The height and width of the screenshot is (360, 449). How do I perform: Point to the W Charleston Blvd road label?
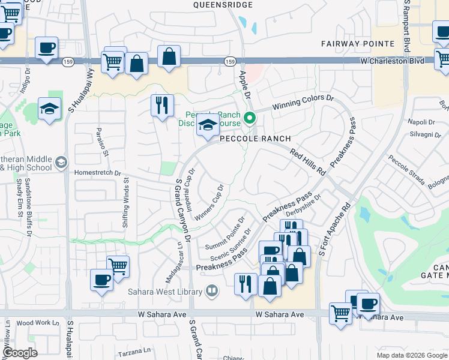click(x=392, y=61)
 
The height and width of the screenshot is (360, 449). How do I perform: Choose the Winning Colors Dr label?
click(x=303, y=103)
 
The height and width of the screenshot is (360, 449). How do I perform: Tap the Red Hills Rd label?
click(x=307, y=162)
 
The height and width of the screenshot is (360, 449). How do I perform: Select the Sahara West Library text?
click(x=164, y=292)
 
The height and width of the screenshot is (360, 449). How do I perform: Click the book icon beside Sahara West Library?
click(x=211, y=292)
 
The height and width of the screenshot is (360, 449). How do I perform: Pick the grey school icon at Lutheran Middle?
click(x=61, y=162)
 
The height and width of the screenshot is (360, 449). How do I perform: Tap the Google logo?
click(x=20, y=352)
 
